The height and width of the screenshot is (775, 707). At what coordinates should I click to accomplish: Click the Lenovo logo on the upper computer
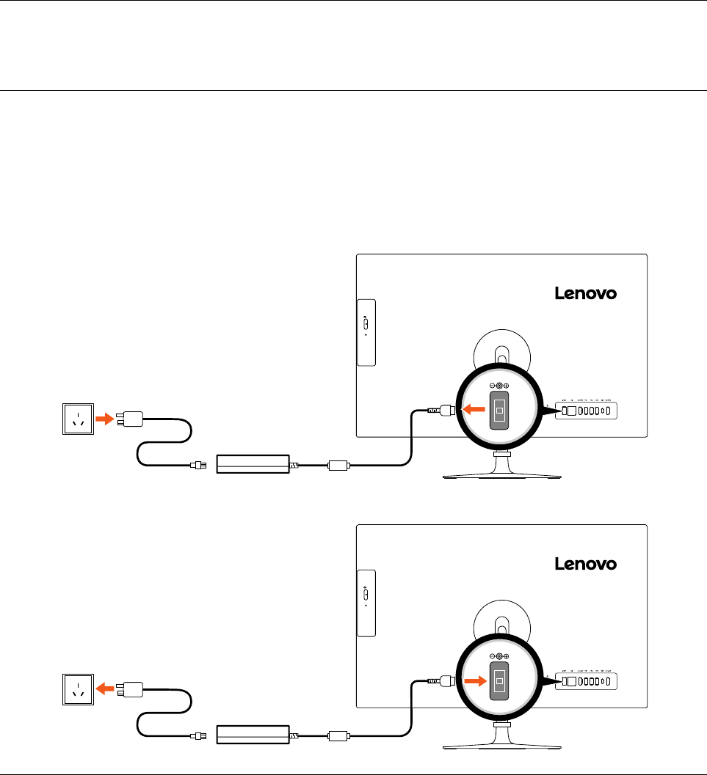tap(584, 293)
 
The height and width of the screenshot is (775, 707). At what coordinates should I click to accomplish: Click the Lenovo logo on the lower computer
tap(584, 564)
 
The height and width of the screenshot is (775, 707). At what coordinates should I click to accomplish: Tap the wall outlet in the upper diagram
tap(77, 419)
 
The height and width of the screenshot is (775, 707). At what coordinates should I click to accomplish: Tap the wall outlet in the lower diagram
tap(77, 690)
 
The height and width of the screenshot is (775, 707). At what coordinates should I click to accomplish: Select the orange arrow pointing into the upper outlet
tap(106, 419)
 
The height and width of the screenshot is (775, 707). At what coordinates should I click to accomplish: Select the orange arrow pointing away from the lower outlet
tap(106, 689)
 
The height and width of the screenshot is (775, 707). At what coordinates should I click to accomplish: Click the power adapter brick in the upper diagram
tap(253, 464)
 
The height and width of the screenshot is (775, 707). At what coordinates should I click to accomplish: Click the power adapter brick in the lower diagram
tap(253, 735)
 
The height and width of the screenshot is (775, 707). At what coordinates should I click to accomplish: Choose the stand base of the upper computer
tap(501, 473)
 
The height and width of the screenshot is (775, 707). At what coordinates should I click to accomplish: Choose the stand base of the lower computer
tap(501, 743)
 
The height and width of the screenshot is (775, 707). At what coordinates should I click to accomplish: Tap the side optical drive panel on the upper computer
tap(366, 332)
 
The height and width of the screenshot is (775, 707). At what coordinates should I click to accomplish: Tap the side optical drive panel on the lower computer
tap(366, 603)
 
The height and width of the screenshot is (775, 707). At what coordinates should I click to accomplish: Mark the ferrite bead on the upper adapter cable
tap(338, 464)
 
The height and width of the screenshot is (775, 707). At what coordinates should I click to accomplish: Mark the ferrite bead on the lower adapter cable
tap(338, 735)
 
